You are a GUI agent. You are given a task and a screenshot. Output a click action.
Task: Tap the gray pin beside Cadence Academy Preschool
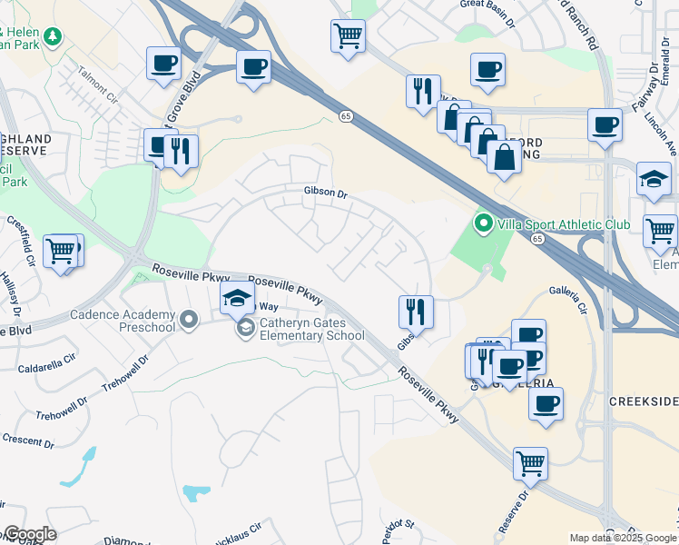[x=189, y=319]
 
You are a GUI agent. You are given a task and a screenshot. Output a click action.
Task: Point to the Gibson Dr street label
[x=326, y=193]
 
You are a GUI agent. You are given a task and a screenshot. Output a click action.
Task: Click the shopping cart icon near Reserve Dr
[x=530, y=464]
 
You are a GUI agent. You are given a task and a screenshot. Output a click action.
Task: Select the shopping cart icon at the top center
[x=348, y=37]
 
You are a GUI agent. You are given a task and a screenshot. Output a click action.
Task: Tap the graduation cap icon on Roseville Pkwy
[x=237, y=297]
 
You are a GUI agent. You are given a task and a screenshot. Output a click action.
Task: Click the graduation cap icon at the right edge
[x=654, y=179]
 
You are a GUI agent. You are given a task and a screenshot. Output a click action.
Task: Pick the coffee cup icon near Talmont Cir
[x=164, y=64]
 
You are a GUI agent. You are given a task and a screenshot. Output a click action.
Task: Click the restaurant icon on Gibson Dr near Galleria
[x=416, y=312]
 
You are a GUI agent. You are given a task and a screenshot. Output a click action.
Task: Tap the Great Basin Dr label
[x=487, y=5]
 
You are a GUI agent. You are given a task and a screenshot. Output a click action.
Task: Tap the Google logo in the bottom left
[x=29, y=534]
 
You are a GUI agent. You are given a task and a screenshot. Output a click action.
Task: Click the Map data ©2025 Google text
[x=623, y=538]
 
